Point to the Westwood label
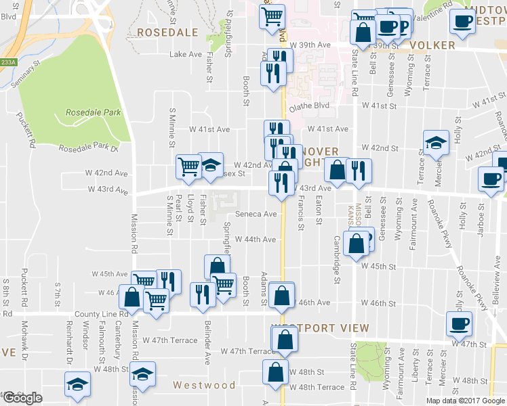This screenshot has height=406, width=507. tap(204, 385)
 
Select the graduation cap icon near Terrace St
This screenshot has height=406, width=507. tap(436, 142)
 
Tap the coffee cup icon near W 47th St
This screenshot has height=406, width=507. tap(460, 323)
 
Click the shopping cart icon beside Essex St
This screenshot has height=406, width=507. tap(188, 165)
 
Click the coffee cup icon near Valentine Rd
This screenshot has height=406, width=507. tap(462, 20)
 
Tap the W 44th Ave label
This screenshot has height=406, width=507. tap(256, 240)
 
